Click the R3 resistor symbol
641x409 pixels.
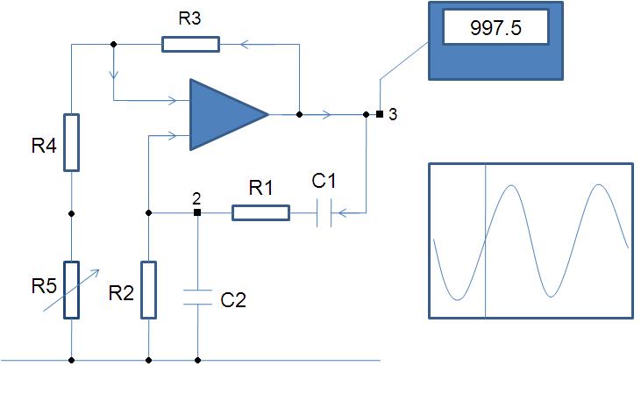point(190,44)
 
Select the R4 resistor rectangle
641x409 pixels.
point(72,142)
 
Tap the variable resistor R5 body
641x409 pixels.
point(72,290)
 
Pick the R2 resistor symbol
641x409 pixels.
point(149,290)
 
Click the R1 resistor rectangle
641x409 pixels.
point(260,213)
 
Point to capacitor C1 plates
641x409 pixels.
point(324,213)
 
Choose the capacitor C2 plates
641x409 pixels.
point(198,298)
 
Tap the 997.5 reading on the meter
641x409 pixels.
point(495,28)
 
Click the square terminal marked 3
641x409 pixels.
point(380,114)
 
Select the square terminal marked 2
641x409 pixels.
point(197,212)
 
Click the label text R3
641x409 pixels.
point(189,18)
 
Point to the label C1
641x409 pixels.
point(324,181)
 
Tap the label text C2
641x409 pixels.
point(233,300)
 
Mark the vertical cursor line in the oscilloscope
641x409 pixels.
point(486,240)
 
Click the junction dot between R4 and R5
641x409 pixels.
point(72,213)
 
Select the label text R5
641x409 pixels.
point(44,286)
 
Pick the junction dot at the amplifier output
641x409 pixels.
point(299,114)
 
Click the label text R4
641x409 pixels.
point(44,146)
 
